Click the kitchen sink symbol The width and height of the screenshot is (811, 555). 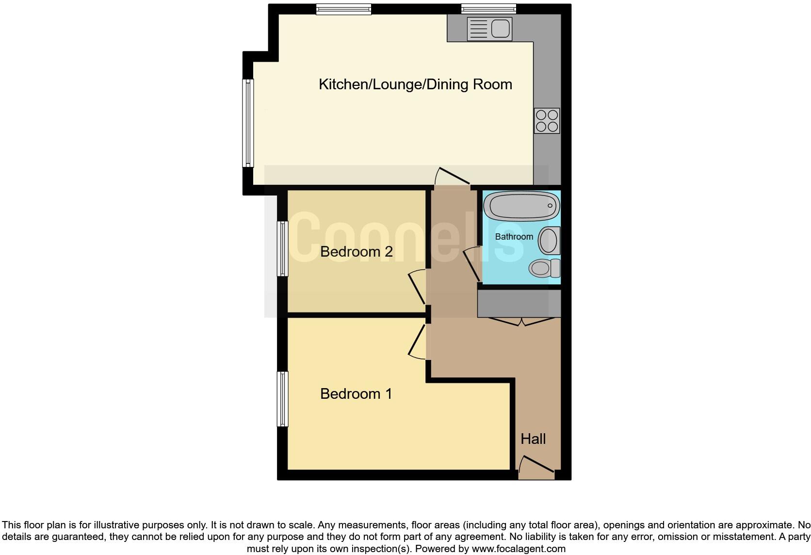tap(489, 29)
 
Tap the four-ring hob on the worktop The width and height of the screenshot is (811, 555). tap(547, 120)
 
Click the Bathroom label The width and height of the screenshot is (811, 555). tap(514, 237)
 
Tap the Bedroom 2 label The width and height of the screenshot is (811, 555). tap(356, 252)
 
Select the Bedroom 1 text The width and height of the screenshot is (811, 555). tap(356, 393)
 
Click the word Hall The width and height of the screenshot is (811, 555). tap(533, 439)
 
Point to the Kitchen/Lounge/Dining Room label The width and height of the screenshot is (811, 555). tap(415, 84)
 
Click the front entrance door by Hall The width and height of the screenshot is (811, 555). tap(536, 465)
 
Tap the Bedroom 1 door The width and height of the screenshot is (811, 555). tap(417, 342)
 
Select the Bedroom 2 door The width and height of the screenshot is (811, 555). tap(417, 289)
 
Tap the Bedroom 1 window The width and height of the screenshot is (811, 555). tap(282, 399)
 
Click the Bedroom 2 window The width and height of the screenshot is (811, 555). tap(282, 249)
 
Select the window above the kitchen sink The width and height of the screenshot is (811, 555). tap(488, 8)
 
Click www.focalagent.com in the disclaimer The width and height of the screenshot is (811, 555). tap(519, 549)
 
